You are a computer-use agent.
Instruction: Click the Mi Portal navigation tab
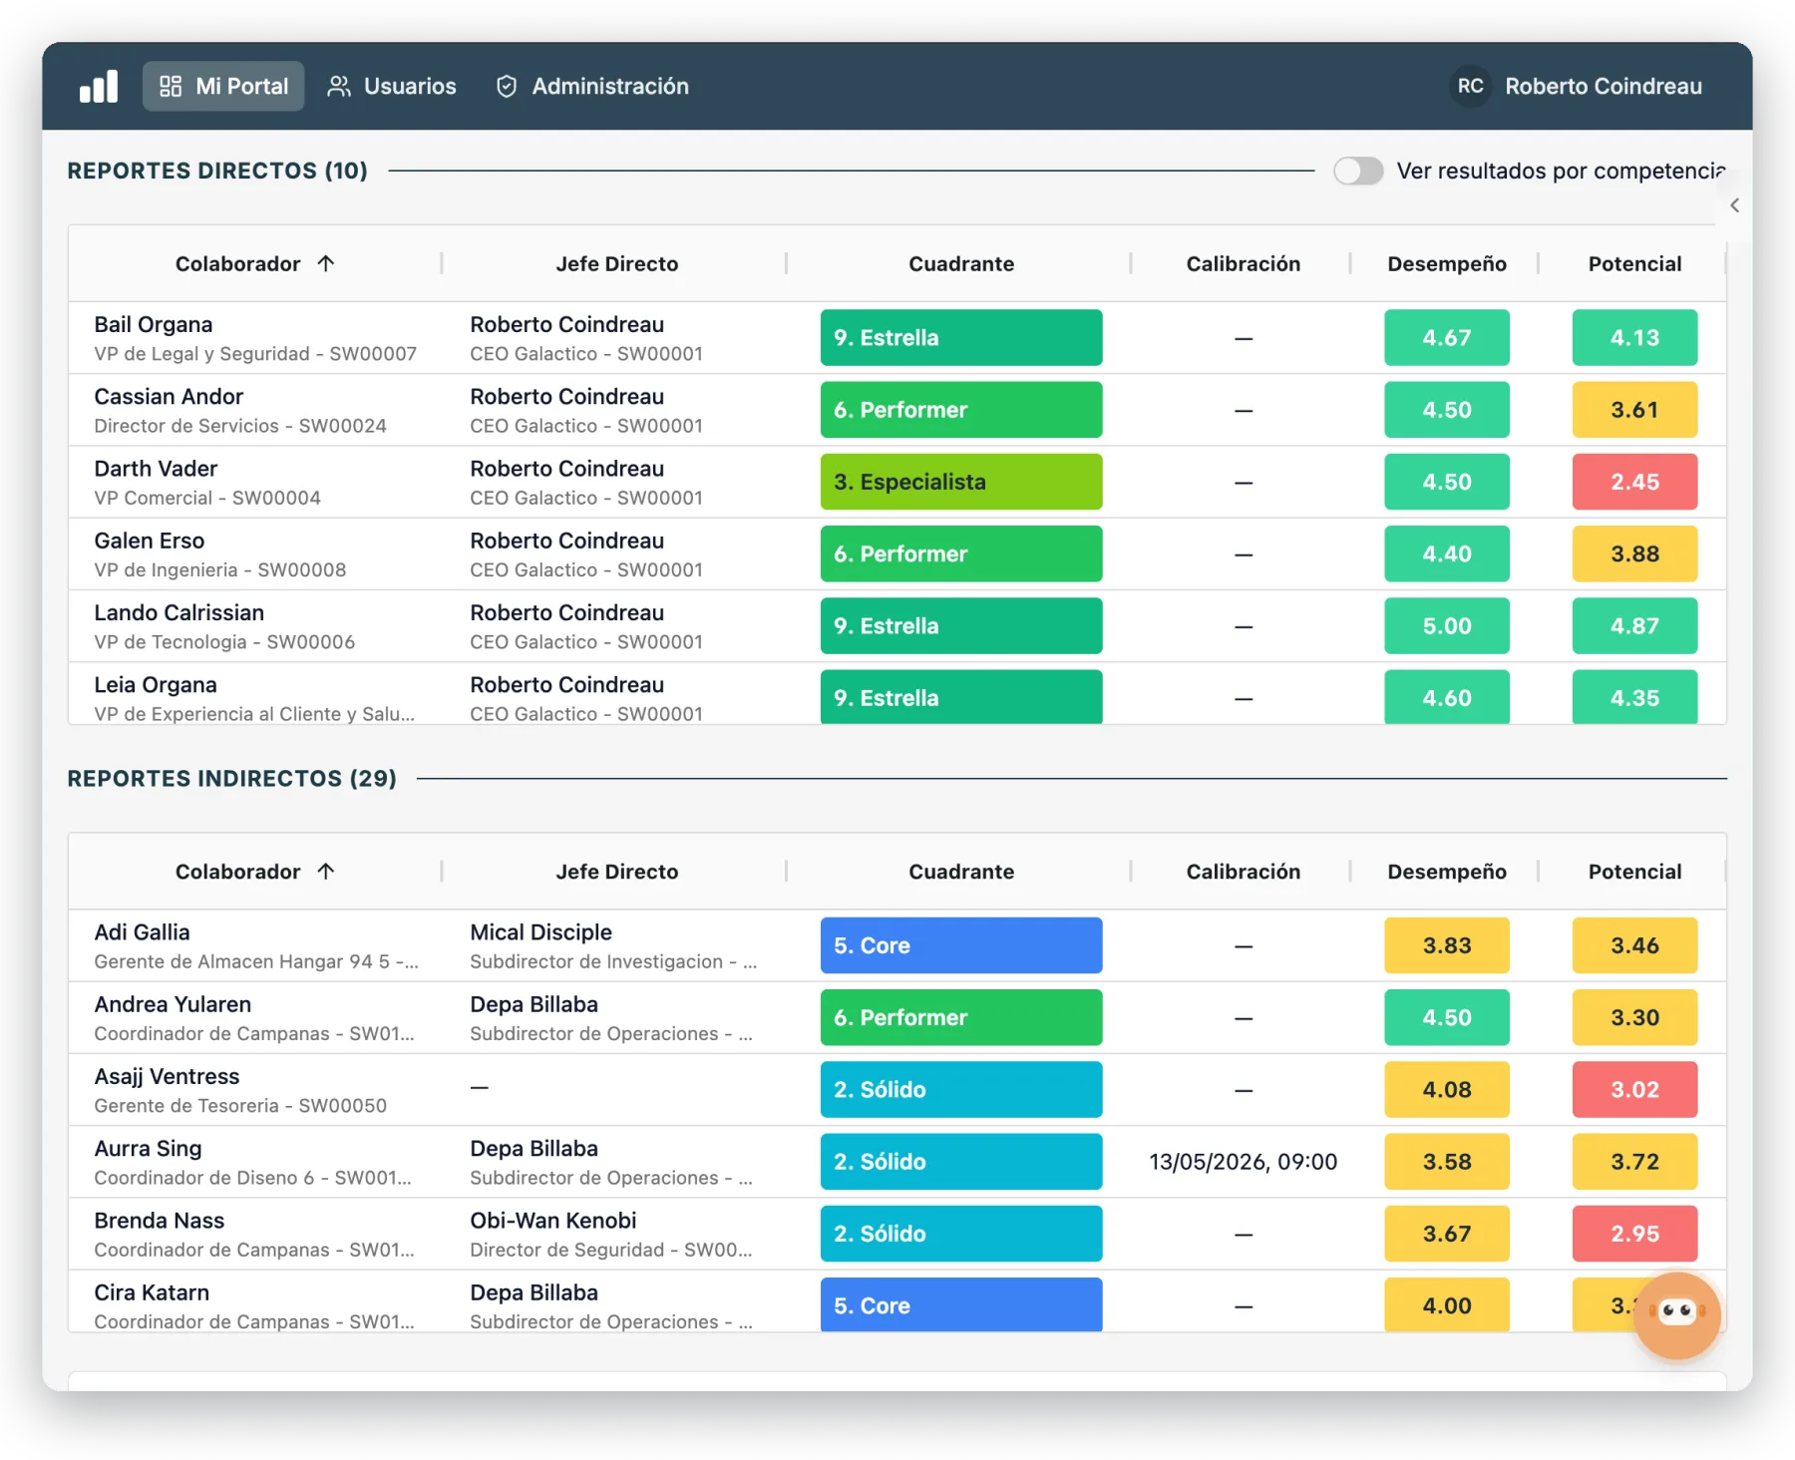click(223, 86)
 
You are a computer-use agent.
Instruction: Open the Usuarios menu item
click(392, 86)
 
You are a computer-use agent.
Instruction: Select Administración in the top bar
click(592, 86)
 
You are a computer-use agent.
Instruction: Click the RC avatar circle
click(1470, 86)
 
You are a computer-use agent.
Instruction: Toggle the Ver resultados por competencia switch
click(1358, 171)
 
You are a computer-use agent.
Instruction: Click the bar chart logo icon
click(99, 86)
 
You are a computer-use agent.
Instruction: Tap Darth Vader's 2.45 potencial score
click(1634, 482)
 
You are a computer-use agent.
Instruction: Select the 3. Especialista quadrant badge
click(961, 482)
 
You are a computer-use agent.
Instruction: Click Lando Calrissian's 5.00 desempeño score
click(1447, 626)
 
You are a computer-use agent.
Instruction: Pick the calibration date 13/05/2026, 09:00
click(1243, 1162)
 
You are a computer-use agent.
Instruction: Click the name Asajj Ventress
click(167, 1077)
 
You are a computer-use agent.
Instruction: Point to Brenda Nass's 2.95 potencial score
click(1634, 1234)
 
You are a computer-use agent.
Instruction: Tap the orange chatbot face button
click(1677, 1314)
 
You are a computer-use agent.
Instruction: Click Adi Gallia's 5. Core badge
click(961, 945)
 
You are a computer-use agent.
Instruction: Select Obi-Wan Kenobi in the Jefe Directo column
click(553, 1221)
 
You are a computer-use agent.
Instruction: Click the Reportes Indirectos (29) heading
click(231, 778)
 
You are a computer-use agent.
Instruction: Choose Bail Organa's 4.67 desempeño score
click(1447, 338)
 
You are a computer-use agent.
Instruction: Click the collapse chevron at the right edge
click(1735, 205)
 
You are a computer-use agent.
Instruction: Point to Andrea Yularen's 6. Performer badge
click(961, 1017)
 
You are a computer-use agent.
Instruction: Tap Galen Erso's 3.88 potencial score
click(1634, 553)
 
